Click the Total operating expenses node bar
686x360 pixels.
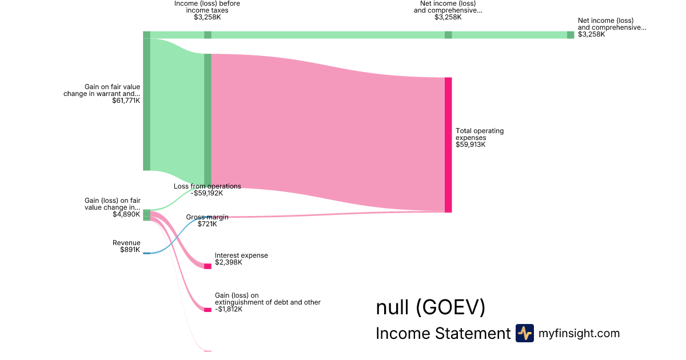tap(448, 145)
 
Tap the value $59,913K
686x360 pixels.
tap(470, 145)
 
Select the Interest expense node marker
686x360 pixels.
tap(208, 266)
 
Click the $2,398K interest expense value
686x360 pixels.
tap(229, 263)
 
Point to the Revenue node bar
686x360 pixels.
tap(147, 253)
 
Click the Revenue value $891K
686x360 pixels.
tap(130, 250)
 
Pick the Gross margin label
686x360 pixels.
tap(207, 217)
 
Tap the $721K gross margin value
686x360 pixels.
tap(207, 224)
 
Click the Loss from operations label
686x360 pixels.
tap(208, 186)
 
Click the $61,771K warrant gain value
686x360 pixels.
tap(126, 101)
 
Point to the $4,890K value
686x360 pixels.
tap(126, 214)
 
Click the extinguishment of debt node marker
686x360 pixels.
tap(208, 310)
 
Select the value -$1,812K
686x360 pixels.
tap(229, 309)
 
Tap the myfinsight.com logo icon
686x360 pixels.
tap(524, 333)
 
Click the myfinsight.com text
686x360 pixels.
tap(579, 333)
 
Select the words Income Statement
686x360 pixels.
tap(443, 334)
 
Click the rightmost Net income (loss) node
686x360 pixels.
tap(571, 35)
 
